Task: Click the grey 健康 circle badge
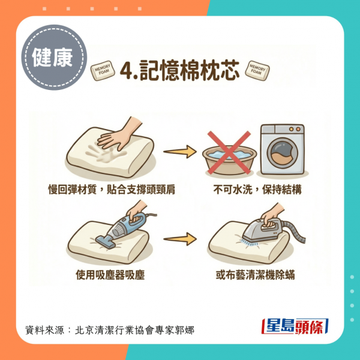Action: (54, 58)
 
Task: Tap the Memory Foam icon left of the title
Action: (103, 70)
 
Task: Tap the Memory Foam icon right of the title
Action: (257, 70)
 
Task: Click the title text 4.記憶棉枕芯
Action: (180, 71)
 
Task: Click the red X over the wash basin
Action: (229, 152)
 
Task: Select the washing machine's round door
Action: (282, 153)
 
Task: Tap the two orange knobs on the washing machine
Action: (295, 129)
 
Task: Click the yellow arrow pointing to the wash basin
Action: (180, 152)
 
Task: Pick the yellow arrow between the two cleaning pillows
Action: (180, 239)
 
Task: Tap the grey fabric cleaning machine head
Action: (262, 231)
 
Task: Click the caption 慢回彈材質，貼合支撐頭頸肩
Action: (112, 190)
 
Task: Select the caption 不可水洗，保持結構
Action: (257, 190)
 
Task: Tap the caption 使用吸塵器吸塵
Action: (110, 275)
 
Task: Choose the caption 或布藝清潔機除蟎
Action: (255, 275)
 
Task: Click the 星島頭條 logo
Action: (295, 326)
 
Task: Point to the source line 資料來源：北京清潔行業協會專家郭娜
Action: (110, 330)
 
